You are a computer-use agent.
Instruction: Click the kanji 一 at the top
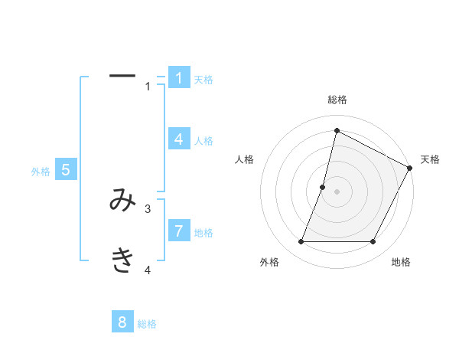pos(122,76)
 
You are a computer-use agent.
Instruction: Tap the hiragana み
pos(122,201)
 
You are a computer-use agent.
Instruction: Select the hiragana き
pos(122,261)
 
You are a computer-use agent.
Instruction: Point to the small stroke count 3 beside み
pos(148,208)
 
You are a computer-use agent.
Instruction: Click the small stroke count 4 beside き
pos(148,270)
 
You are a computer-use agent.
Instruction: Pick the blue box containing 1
pos(179,78)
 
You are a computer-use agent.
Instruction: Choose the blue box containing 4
pos(179,139)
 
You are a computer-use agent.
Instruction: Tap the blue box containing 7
pos(179,231)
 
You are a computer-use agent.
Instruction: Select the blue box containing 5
pos(66,170)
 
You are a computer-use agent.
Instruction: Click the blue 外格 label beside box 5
pos(41,172)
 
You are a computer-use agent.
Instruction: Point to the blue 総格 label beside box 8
pos(147,324)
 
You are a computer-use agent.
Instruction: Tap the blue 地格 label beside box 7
pos(203,233)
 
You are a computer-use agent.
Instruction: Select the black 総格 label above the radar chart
pos(337,100)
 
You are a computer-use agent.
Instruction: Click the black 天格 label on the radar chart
pos(431,159)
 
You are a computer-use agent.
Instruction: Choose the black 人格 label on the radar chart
pos(244,159)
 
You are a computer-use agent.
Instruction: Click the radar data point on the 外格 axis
pos(301,242)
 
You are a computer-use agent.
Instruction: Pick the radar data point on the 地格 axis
pos(373,242)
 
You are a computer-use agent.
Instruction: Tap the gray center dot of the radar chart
pos(337,191)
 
